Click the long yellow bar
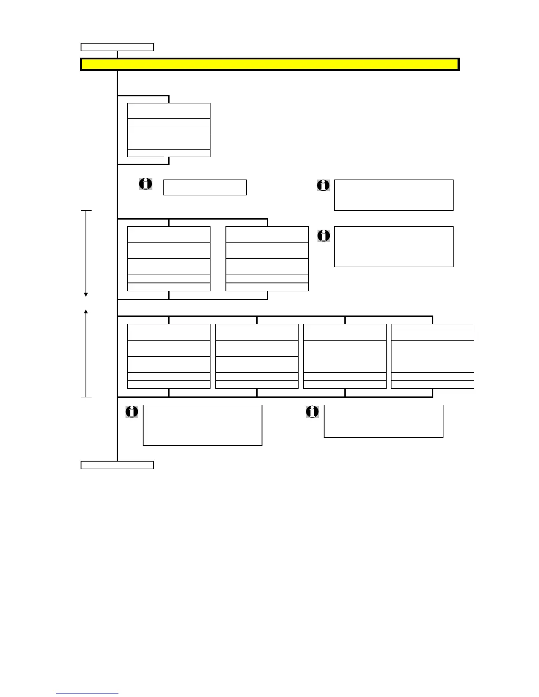tap(269, 64)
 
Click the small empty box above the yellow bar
tap(117, 47)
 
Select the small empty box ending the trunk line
tap(117, 465)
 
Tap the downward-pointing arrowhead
tap(86, 294)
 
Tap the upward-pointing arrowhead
tap(86, 312)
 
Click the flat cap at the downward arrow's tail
tap(86, 211)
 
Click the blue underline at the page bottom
tap(87, 693)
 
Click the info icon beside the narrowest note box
tap(146, 184)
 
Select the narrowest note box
tap(205, 187)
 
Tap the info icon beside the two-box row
tap(324, 236)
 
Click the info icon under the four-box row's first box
tap(132, 412)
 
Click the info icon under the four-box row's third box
tap(312, 412)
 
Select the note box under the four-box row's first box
tap(203, 425)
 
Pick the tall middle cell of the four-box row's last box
tap(432, 356)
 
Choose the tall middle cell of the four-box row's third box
tap(345, 356)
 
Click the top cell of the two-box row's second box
tap(267, 235)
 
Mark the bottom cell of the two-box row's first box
tap(169, 287)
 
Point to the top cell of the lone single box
tap(169, 111)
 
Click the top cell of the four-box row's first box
tap(169, 332)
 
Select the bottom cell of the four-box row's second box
tap(257, 385)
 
